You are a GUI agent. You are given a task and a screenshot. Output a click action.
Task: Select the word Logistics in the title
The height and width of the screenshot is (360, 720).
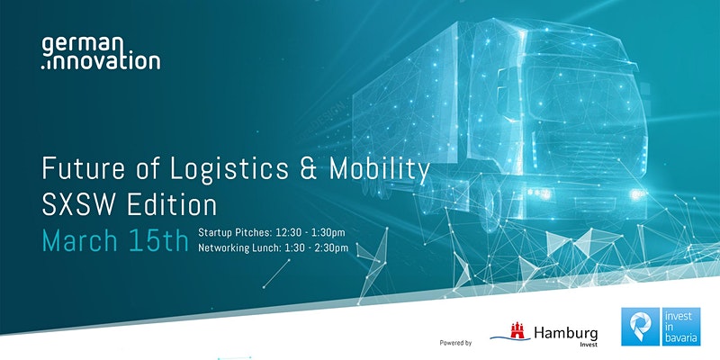[229, 169]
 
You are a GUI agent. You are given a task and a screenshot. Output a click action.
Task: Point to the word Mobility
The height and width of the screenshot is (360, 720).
[380, 170]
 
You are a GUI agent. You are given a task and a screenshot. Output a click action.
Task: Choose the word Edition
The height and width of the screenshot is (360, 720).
[172, 205]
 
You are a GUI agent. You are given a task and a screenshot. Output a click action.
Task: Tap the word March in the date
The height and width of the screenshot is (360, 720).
[80, 240]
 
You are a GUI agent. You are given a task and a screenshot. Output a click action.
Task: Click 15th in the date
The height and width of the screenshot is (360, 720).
[159, 240]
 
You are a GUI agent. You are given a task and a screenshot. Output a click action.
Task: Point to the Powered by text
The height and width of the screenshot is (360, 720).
[455, 343]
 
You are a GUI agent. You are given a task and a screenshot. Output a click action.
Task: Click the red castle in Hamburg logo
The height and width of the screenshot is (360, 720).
[517, 330]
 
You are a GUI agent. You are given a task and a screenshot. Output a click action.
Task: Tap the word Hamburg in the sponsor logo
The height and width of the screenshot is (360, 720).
[566, 333]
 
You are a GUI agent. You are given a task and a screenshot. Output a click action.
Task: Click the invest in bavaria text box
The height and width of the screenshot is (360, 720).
[681, 327]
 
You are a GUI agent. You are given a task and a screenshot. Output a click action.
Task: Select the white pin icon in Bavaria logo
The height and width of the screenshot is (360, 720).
[640, 327]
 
